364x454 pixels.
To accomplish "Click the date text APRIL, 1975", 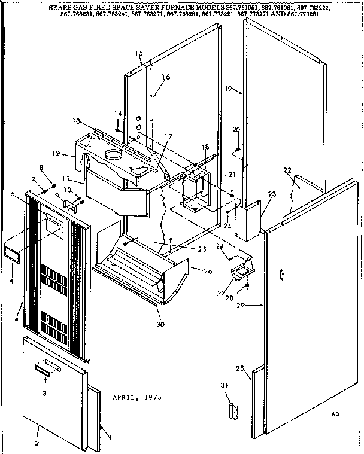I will tap(136, 397).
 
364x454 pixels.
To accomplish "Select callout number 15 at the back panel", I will tap(139, 54).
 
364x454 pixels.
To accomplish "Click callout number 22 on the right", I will tap(287, 170).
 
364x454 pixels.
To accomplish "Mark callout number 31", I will tap(224, 384).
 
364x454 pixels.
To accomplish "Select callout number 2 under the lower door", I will tap(37, 443).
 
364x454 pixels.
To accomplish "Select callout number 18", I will tap(205, 147).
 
